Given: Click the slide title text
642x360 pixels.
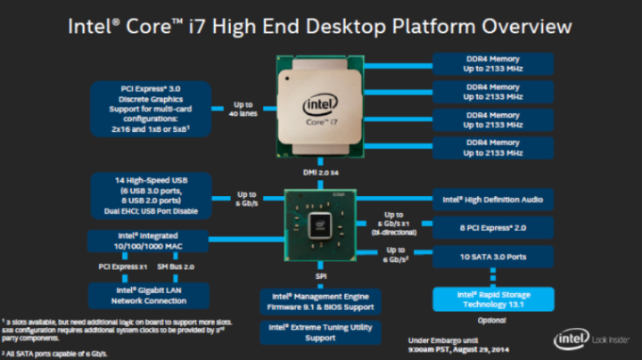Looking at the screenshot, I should [321, 26].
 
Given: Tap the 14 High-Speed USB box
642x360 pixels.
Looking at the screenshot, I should [149, 195].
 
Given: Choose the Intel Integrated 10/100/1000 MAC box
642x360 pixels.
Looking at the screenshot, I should [149, 241].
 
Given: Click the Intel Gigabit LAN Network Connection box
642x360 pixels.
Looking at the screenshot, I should [149, 293].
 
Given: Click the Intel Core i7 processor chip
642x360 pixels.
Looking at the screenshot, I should [321, 105].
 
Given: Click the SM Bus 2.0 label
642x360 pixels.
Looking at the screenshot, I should [176, 266].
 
